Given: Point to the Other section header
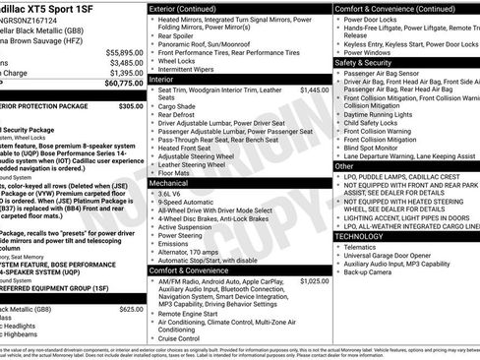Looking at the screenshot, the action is [345, 167].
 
